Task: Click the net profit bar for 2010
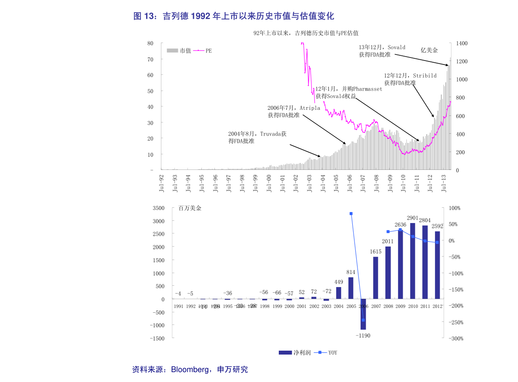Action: [412, 261]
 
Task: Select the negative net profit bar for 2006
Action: [363, 314]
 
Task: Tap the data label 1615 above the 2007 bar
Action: [375, 252]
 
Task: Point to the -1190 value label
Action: [363, 335]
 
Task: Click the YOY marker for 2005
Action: [351, 213]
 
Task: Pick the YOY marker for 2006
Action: [363, 320]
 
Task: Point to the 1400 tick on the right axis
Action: [461, 44]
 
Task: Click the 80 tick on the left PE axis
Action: [150, 43]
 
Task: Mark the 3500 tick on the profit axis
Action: [158, 208]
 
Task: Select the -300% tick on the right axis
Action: [455, 338]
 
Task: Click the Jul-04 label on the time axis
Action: [323, 183]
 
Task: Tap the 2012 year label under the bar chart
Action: [437, 306]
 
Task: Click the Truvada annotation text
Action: [257, 138]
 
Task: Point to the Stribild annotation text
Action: [410, 79]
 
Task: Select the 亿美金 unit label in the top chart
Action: [429, 50]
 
